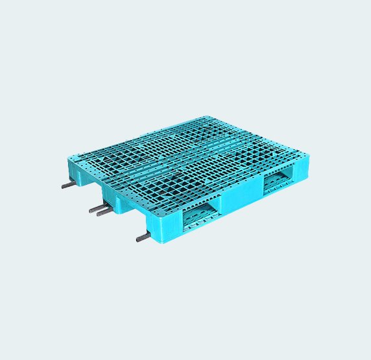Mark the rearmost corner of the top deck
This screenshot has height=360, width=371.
click(x=206, y=117)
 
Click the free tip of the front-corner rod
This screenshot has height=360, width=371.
click(x=138, y=240)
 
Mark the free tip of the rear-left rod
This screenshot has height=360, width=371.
click(x=64, y=187)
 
